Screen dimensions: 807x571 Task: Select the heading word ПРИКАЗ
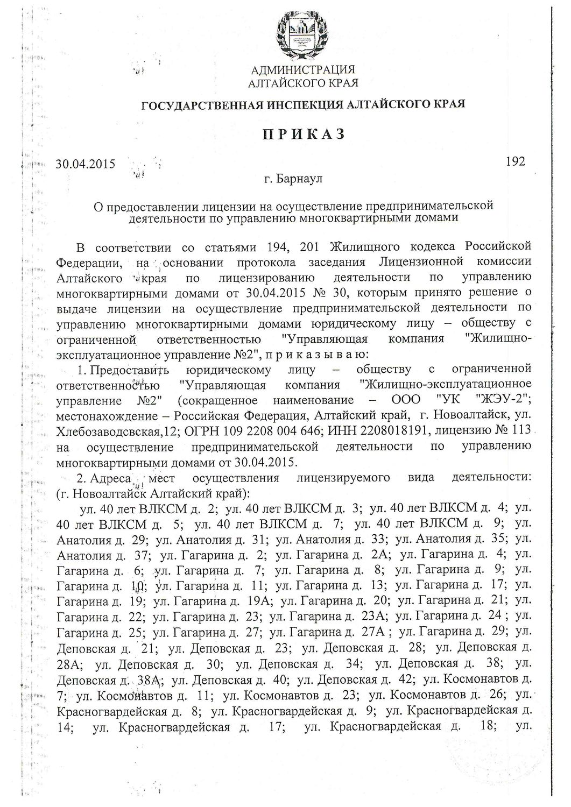tap(302, 134)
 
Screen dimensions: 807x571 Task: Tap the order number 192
tap(516, 160)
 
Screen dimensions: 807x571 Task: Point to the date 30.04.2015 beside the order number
tap(86, 164)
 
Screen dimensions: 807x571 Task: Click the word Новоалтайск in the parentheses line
tap(103, 493)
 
